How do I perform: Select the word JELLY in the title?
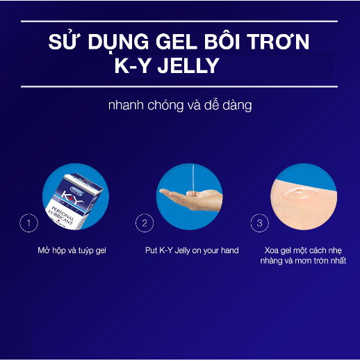188,65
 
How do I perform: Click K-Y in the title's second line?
133,65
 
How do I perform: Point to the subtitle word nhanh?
126,105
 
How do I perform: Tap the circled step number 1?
28,223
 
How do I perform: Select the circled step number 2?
145,223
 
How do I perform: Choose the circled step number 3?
259,223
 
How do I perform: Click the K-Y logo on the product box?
72,198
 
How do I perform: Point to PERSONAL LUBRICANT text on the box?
61,216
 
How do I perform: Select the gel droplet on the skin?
300,193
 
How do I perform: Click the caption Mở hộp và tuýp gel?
72,250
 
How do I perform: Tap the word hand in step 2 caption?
229,250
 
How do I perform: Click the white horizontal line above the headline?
179,22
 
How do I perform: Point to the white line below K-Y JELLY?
179,87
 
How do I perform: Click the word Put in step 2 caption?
152,250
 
